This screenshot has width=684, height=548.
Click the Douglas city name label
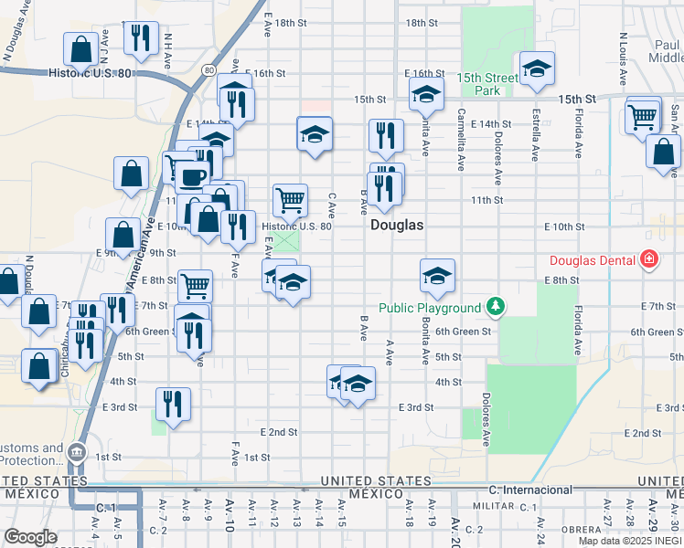[x=397, y=225]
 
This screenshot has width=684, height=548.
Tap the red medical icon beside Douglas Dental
[x=648, y=260]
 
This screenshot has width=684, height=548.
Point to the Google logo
[x=30, y=537]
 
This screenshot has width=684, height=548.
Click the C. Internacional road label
[x=530, y=490]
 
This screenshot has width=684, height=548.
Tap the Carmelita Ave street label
[x=462, y=137]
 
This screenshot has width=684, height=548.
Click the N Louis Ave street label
[x=623, y=59]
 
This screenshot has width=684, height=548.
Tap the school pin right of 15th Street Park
[x=537, y=68]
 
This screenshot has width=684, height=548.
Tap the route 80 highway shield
[x=209, y=70]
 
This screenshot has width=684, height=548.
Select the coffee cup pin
[x=191, y=175]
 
